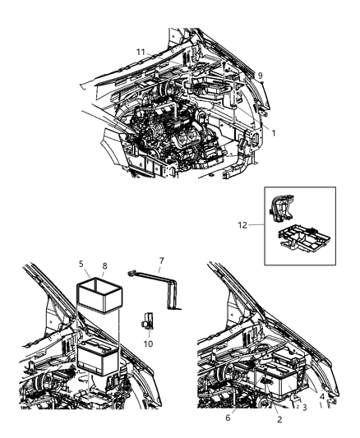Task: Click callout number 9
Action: point(261,76)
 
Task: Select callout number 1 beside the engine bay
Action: point(274,132)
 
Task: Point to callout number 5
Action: point(82,265)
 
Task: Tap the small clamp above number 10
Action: point(148,322)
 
